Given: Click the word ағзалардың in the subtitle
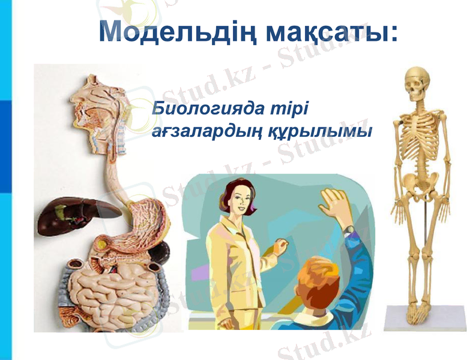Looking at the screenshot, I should [206, 131].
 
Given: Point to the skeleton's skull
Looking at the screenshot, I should [417, 84].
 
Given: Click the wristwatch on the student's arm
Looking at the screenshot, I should [348, 229].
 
